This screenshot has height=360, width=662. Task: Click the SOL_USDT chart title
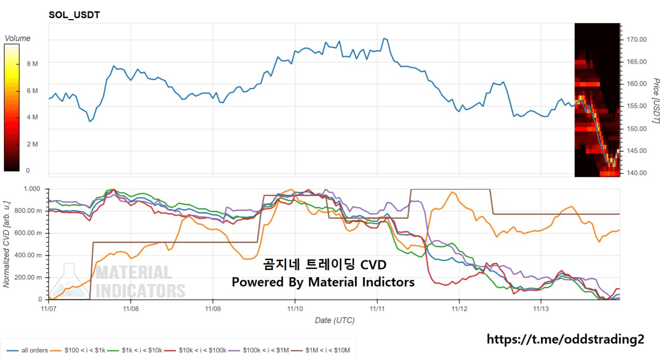74,15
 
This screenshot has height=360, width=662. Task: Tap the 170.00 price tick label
636,39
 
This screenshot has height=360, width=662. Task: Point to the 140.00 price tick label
636,173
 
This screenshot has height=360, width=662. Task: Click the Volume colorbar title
17,38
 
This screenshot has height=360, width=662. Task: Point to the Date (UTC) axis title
335,320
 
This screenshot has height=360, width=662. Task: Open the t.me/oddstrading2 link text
565,339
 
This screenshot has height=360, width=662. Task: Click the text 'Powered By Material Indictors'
323,282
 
